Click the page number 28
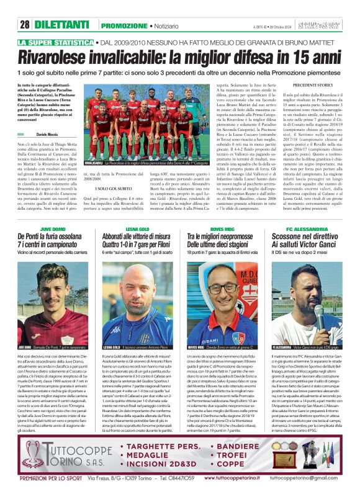25,25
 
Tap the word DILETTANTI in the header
61,25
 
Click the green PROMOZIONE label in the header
124,25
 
